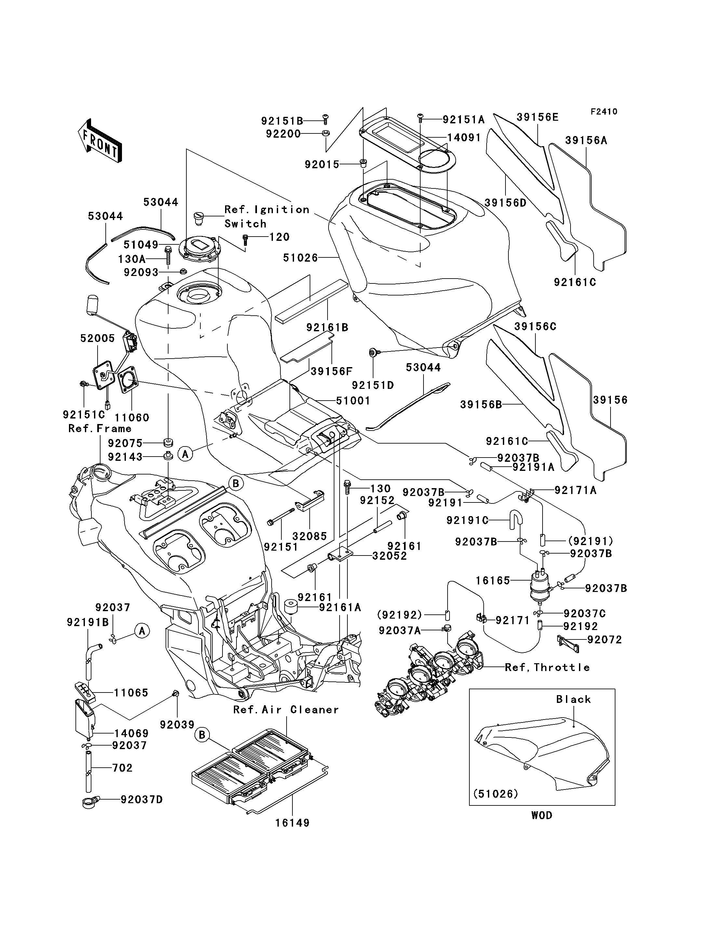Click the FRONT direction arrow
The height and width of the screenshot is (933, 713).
100,140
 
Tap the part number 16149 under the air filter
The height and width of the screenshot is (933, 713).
292,823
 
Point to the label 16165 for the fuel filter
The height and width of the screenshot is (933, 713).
493,581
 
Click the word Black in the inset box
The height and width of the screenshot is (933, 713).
573,699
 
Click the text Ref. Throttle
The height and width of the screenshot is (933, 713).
547,667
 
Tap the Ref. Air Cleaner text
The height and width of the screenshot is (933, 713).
286,710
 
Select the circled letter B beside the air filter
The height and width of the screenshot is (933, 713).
202,735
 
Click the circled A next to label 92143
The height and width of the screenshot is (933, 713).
185,454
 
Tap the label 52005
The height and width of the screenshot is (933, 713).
98,338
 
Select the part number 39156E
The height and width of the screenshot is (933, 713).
537,117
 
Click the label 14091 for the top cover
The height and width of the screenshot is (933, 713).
464,138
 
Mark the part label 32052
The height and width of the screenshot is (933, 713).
390,556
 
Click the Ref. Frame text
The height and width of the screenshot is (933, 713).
100,429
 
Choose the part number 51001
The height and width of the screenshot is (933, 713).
353,401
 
